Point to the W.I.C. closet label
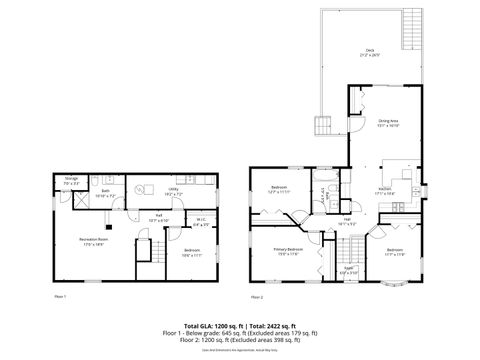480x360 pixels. pos(201,222)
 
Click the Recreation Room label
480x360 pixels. pos(95,241)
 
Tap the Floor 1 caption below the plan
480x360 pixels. pos(59,297)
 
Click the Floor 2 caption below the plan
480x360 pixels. pos(257,297)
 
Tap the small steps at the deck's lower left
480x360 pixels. pos(323,125)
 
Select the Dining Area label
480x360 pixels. pos(388,123)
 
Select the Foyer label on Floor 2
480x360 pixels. pos(349,269)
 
